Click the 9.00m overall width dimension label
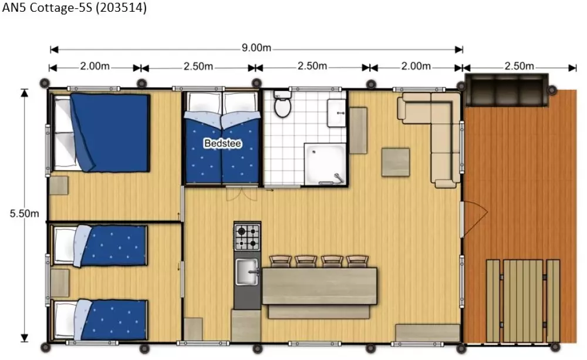point(257,48)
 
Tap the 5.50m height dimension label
point(24,214)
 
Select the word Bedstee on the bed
point(222,143)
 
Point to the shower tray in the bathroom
point(325,164)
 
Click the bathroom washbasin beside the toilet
point(336,113)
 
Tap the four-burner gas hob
point(247,237)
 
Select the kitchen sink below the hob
point(247,272)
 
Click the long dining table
point(319,286)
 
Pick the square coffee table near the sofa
point(395,162)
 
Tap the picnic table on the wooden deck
point(522,301)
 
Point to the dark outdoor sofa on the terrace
point(506,90)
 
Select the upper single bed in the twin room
point(100,245)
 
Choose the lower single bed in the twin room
point(100,319)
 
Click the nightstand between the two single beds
point(60,283)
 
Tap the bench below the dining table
point(319,312)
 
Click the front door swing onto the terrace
point(474,217)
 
